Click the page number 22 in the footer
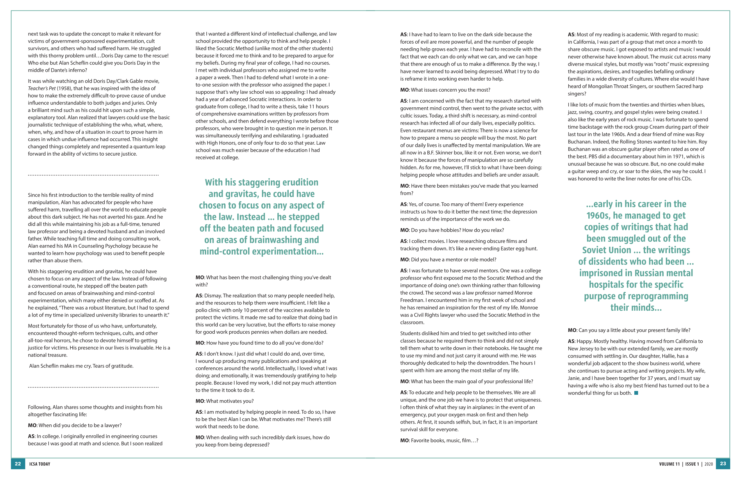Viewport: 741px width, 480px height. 18,463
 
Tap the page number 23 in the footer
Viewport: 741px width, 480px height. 723,463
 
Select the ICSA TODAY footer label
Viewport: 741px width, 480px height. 40,464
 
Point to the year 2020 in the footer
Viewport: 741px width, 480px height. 709,464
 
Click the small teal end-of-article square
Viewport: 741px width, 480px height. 636,393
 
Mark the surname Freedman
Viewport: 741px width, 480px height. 412,300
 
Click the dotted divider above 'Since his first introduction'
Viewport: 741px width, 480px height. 93,175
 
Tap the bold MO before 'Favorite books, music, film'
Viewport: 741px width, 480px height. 404,440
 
